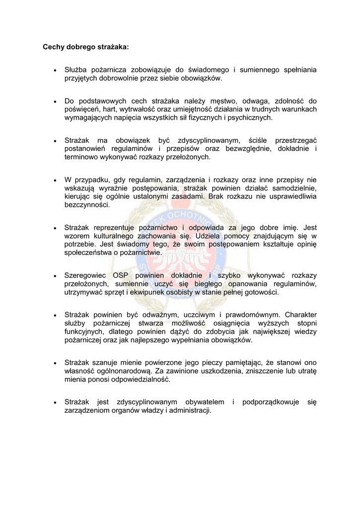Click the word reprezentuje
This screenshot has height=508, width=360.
click(x=117, y=227)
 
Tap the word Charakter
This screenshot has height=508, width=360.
click(x=300, y=315)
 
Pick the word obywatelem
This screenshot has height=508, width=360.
click(x=205, y=402)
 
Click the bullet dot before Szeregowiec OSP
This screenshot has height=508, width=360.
click(x=55, y=276)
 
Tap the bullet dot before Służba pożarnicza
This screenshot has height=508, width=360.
click(x=55, y=70)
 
